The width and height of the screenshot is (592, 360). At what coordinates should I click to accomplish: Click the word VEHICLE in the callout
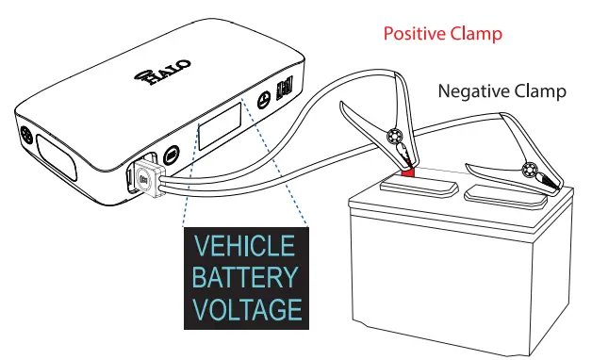point(245,248)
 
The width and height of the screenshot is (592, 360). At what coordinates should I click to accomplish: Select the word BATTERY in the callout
point(245,278)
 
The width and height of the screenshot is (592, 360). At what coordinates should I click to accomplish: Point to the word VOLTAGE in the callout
point(245,309)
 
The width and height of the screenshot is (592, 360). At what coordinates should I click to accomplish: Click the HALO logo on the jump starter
point(161,73)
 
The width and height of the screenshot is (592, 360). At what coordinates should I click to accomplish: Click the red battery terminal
point(408,172)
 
